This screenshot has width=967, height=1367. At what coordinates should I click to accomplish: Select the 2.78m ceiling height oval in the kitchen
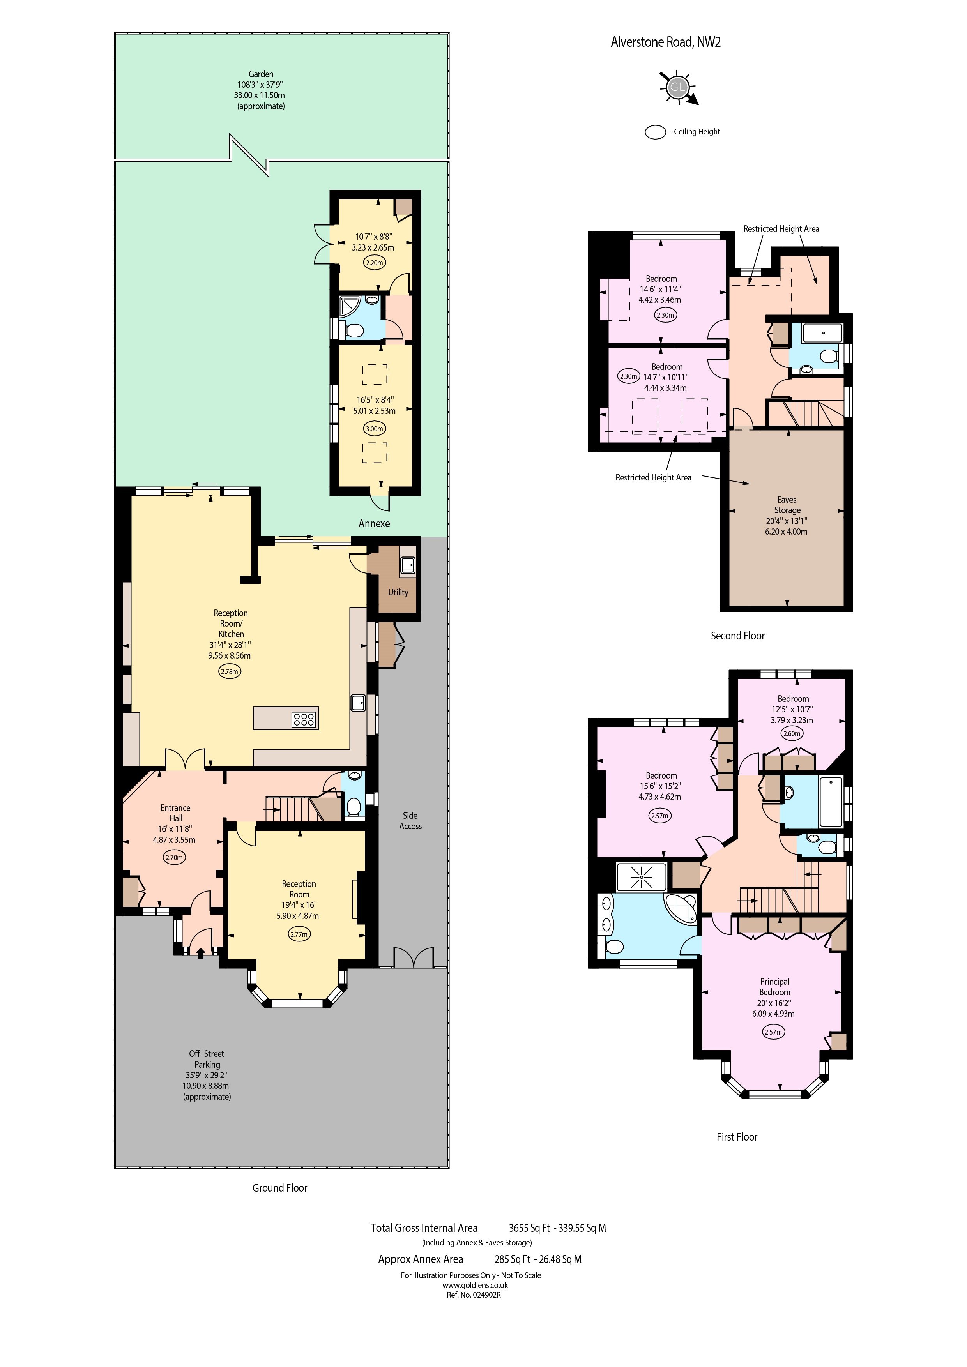[230, 671]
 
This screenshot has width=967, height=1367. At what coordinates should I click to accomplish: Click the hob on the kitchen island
[304, 719]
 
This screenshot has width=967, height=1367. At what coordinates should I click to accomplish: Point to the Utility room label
[398, 592]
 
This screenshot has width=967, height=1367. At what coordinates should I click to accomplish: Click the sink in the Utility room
[408, 565]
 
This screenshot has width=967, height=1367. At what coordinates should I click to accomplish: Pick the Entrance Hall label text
[175, 813]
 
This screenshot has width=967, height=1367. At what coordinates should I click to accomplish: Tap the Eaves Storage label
[787, 505]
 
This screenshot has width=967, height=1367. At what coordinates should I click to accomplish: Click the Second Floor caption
[737, 636]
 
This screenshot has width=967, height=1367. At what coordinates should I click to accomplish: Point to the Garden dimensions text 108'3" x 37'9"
[261, 85]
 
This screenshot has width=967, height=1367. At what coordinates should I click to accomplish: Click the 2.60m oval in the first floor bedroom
[791, 733]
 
